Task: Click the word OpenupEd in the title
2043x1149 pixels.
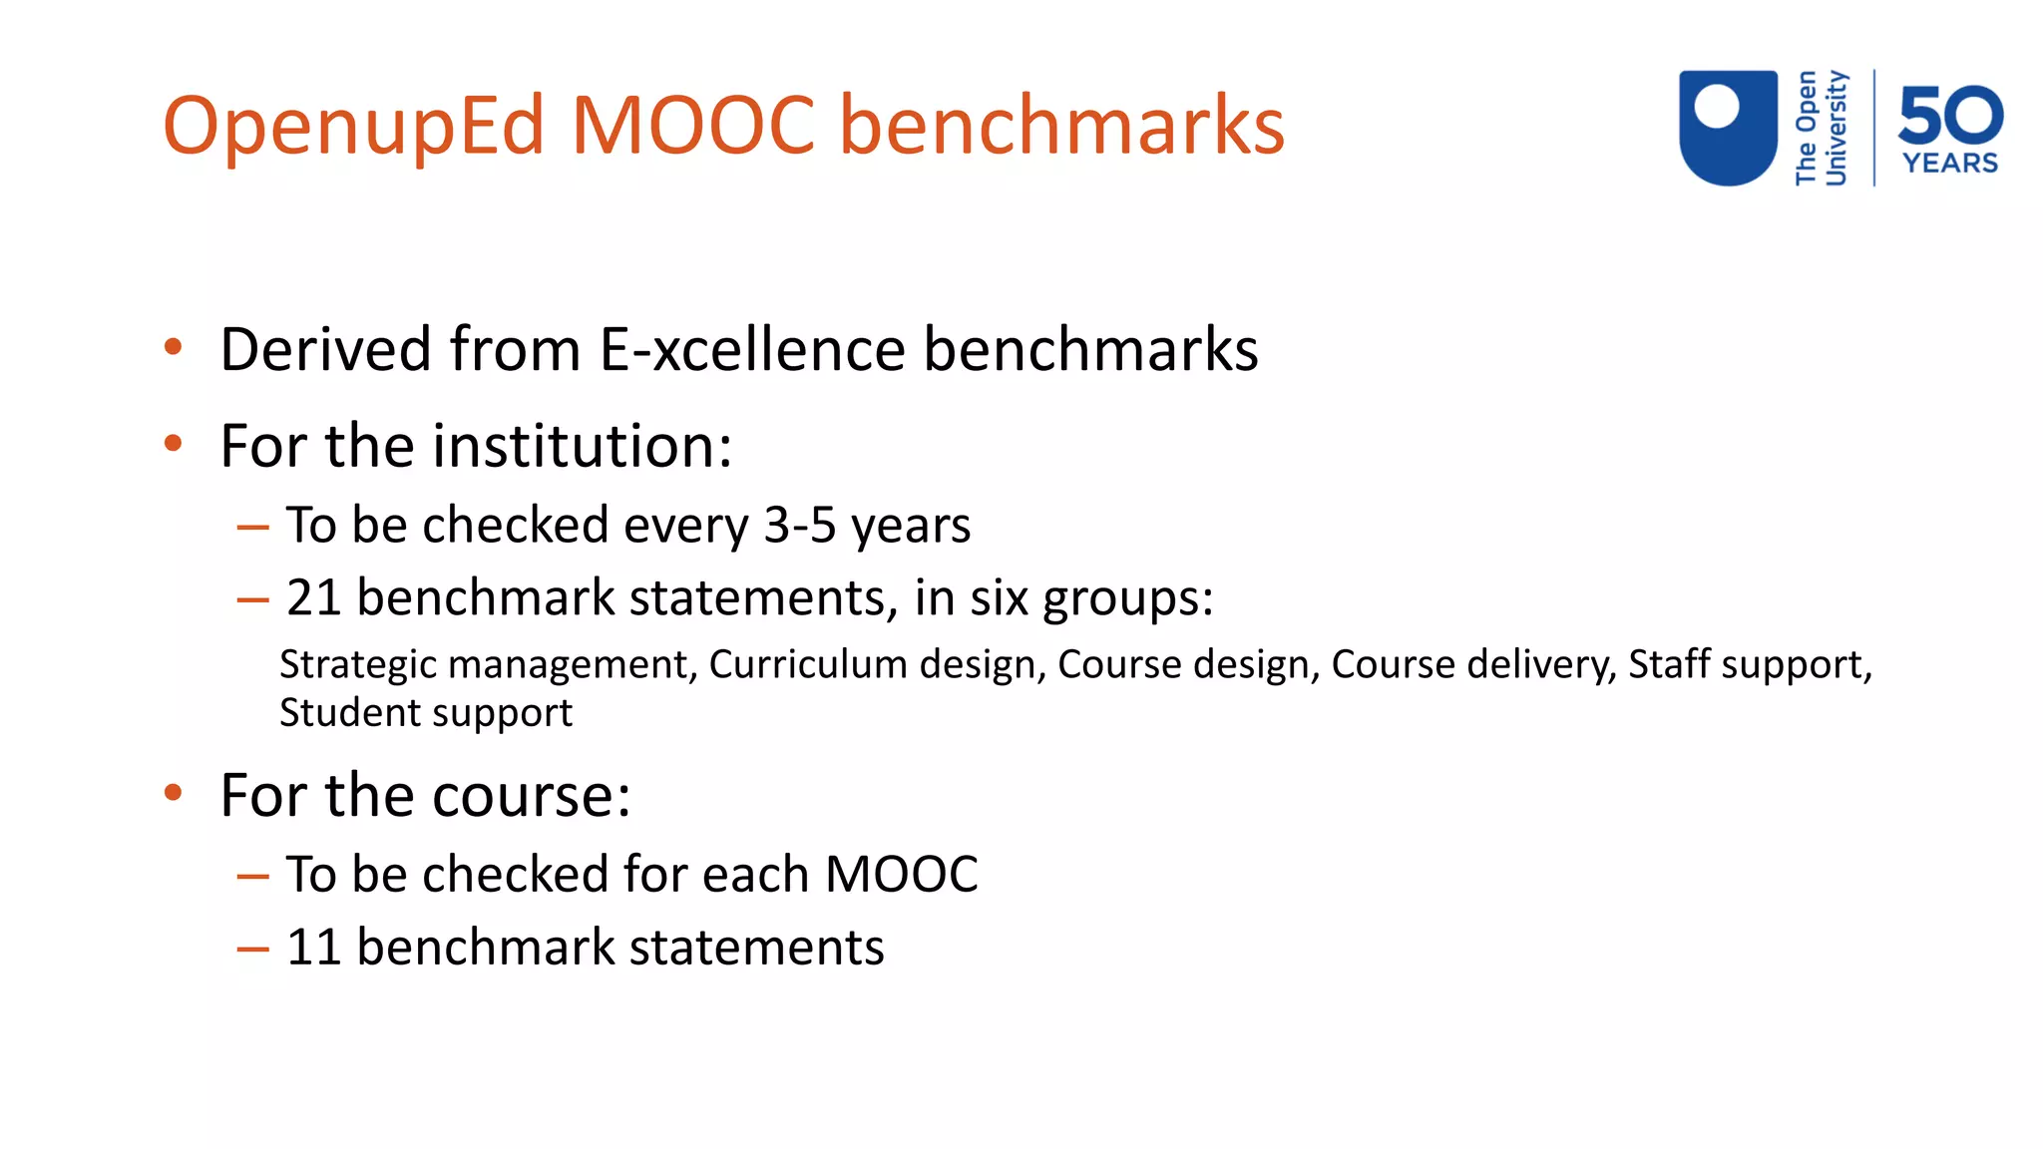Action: click(354, 127)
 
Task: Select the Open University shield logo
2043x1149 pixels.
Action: click(1728, 127)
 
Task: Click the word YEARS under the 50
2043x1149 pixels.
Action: click(1950, 164)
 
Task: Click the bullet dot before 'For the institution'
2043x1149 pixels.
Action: click(174, 444)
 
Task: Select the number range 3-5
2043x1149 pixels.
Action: click(800, 525)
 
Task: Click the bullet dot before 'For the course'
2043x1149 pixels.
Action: click(174, 794)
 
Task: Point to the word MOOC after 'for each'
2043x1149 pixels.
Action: click(901, 875)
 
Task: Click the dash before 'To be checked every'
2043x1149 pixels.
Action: click(252, 528)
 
